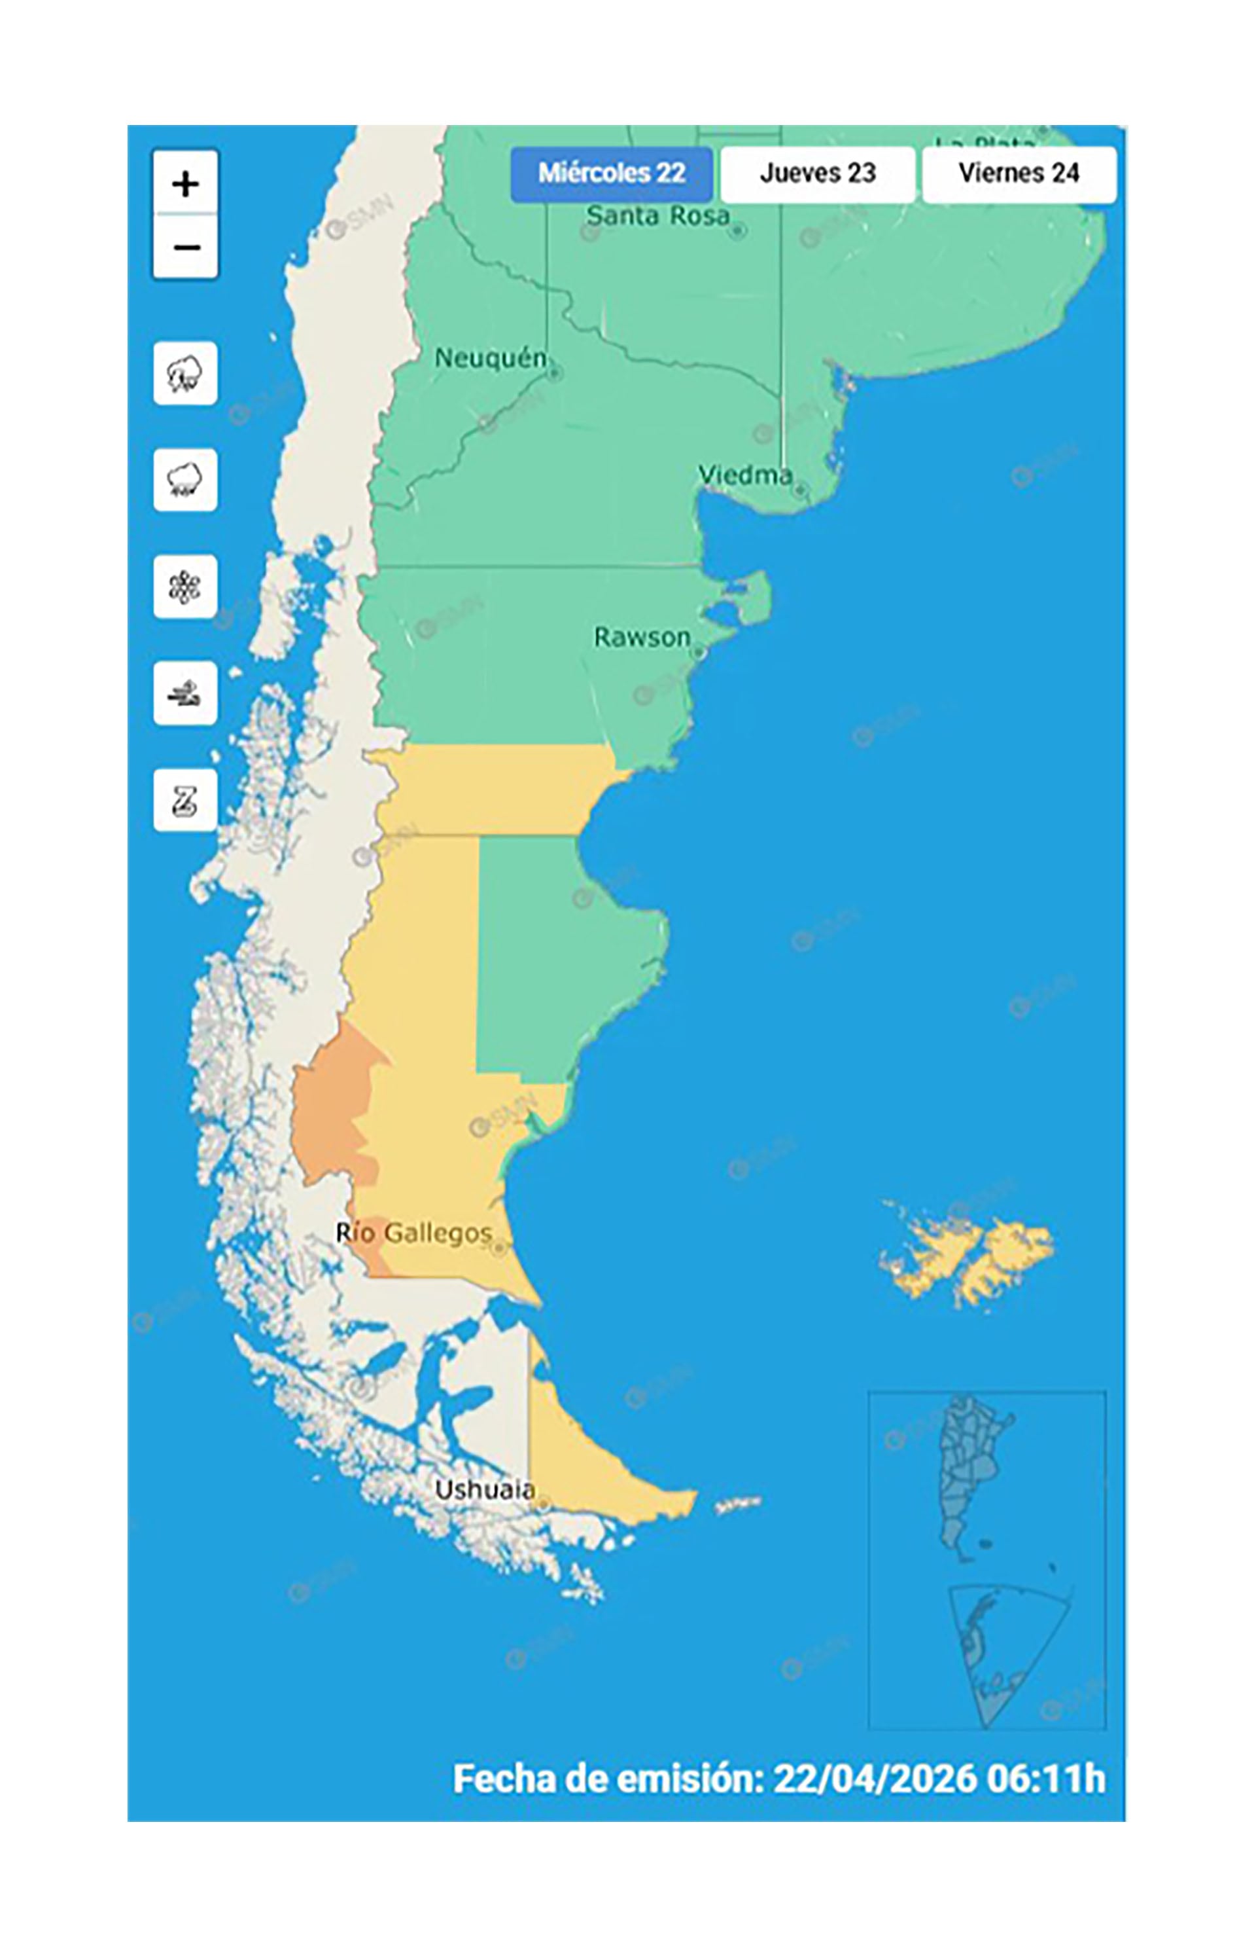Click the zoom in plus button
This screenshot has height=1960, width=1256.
tap(185, 183)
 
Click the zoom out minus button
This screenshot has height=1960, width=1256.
tap(185, 246)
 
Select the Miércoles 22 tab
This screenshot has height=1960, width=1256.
tap(611, 173)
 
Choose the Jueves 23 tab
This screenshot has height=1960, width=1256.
tap(817, 173)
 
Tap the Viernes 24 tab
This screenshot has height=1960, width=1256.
tap(1019, 173)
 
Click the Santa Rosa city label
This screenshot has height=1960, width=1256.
tap(657, 216)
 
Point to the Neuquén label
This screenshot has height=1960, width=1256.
tap(489, 358)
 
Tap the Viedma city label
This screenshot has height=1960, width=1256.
tap(744, 475)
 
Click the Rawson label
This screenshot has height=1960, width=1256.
tap(642, 637)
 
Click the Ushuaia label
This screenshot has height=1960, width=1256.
tap(485, 1489)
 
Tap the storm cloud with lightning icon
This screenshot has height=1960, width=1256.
tap(185, 374)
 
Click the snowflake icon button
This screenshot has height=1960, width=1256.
tap(185, 587)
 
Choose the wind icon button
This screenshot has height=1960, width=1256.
tap(185, 693)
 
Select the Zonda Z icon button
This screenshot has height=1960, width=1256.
tap(185, 801)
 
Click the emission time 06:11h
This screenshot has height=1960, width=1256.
tap(1045, 1779)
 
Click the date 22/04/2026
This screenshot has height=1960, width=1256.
tap(875, 1779)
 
